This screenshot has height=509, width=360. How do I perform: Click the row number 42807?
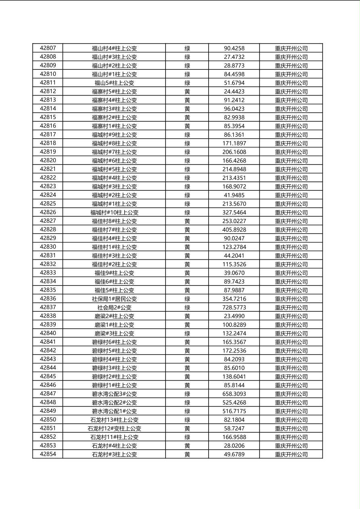tap(48, 48)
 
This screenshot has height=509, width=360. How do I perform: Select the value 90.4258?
tap(234, 48)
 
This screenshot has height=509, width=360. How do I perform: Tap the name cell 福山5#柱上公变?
tap(114, 83)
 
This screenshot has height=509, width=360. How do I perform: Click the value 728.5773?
tap(234, 307)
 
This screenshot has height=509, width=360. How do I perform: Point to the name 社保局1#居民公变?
tap(114, 299)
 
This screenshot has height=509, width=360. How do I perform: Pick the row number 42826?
tap(48, 212)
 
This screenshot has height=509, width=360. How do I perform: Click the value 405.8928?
tap(234, 229)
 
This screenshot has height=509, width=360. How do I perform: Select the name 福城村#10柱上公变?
tap(114, 213)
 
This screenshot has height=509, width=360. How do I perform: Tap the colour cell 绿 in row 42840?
tap(187, 334)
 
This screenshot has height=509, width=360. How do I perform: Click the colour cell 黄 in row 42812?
tap(187, 92)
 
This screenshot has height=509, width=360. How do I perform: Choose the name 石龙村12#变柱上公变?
tap(114, 428)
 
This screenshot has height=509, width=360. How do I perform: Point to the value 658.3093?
tap(234, 394)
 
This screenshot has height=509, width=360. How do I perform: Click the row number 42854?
tap(48, 454)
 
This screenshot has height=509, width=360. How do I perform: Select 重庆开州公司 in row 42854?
tap(291, 455)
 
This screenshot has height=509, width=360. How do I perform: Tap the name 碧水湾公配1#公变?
tap(114, 411)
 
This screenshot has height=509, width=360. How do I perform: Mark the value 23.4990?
tap(234, 316)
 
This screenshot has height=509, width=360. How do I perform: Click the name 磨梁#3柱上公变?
tap(114, 334)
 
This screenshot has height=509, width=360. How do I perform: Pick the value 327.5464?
tap(234, 212)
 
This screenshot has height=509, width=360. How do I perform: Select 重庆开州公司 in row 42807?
tap(291, 48)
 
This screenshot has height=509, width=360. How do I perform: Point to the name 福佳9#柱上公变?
tap(114, 273)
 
